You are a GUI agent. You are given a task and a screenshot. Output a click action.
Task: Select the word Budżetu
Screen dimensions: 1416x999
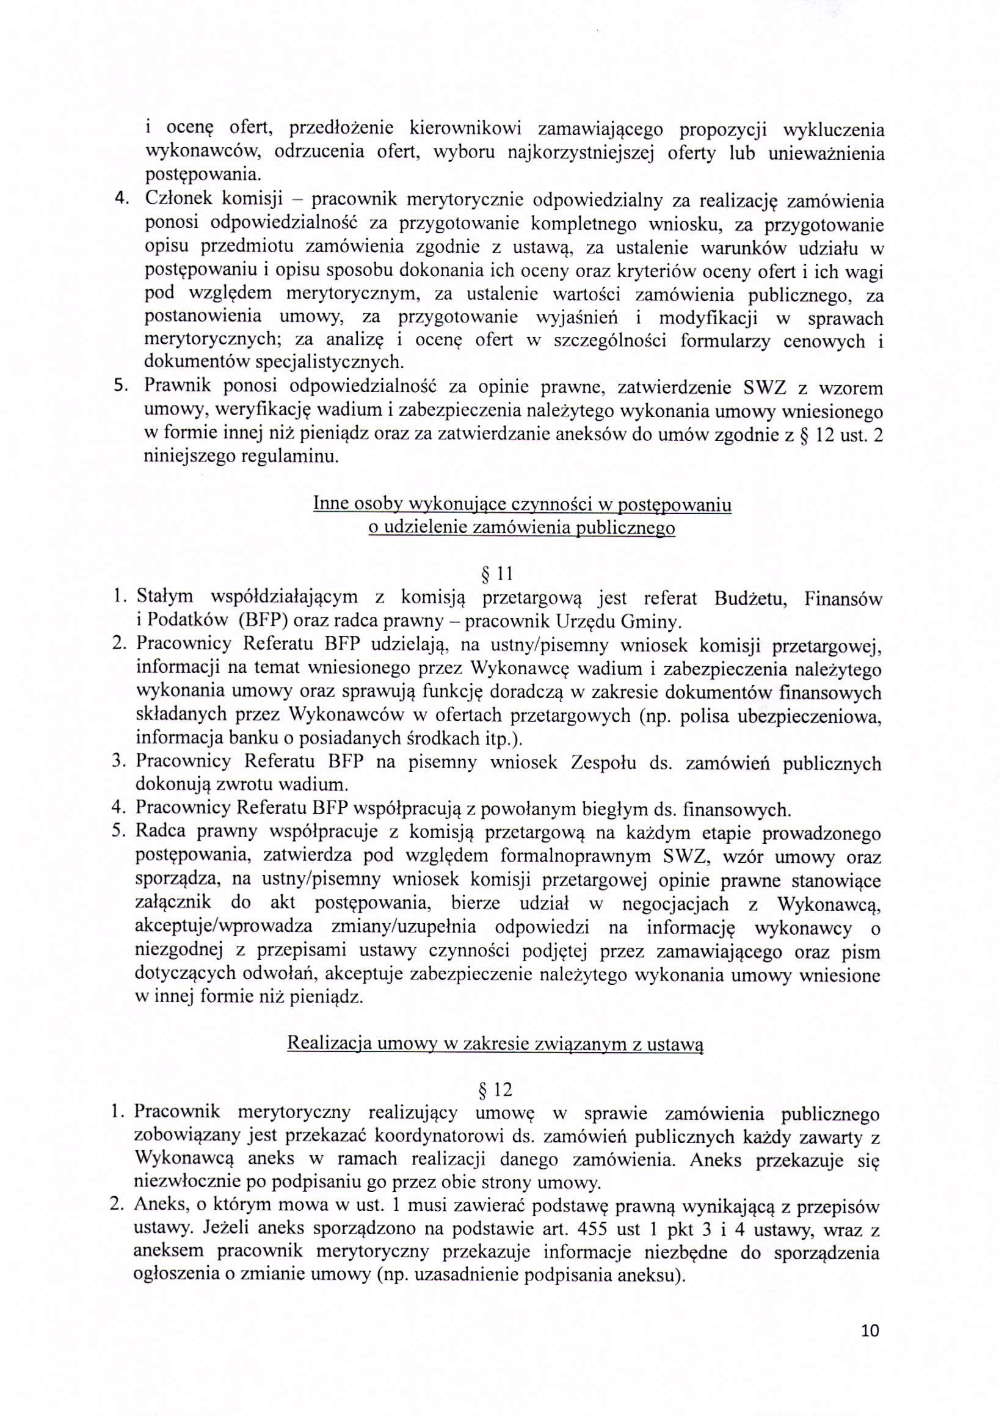[750, 598]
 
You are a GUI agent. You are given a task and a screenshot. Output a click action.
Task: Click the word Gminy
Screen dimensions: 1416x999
[650, 620]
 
